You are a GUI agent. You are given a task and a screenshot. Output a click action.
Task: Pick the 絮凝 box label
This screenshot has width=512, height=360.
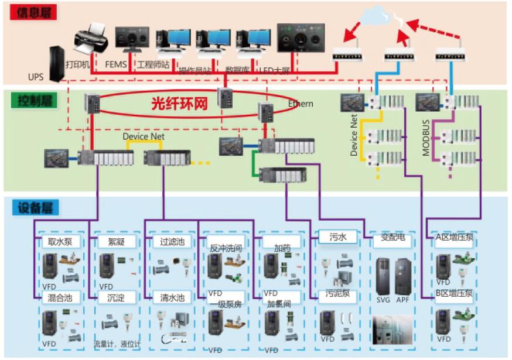[x=115, y=241]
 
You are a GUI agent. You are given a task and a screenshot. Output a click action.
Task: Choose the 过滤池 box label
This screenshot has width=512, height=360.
[x=172, y=241]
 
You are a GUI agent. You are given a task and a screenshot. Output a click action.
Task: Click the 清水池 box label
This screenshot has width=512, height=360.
[x=172, y=298]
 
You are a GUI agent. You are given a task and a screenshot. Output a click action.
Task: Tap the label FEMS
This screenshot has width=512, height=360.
[x=115, y=64]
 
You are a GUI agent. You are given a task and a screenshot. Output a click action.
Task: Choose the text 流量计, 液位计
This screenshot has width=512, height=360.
[x=117, y=343]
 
